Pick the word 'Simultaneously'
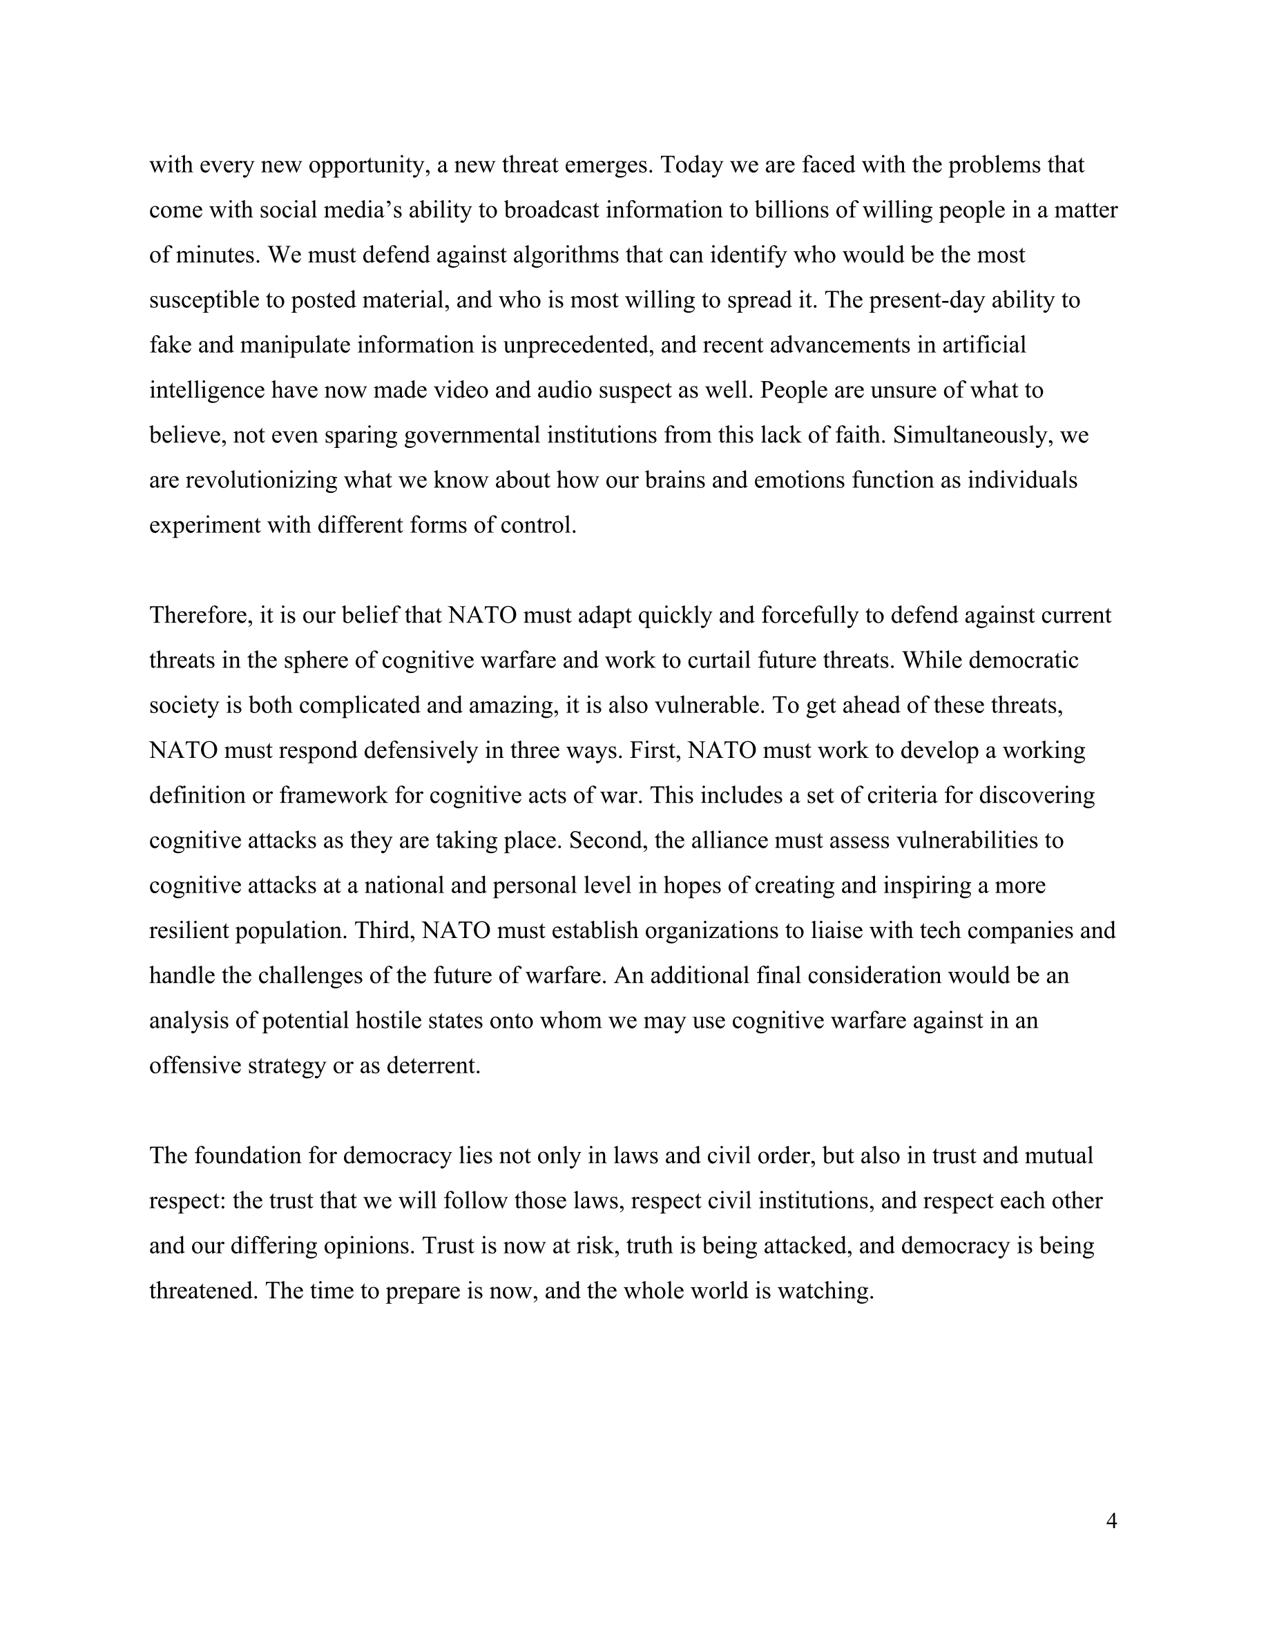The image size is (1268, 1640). [x=971, y=436]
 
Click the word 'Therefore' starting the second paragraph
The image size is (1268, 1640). [x=200, y=616]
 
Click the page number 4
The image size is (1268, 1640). [x=1112, y=1521]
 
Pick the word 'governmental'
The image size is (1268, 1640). [x=472, y=436]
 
